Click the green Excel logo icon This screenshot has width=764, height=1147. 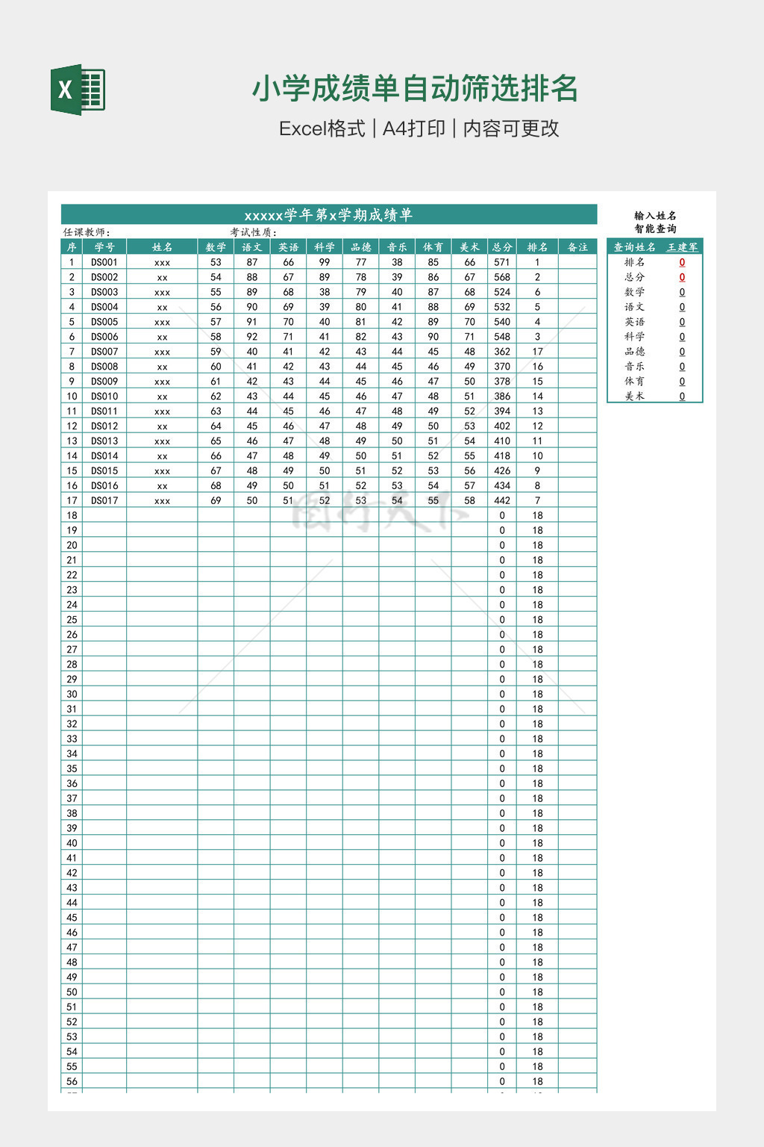point(78,90)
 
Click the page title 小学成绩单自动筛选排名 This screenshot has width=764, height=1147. point(415,89)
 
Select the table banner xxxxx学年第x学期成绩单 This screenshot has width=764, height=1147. point(328,215)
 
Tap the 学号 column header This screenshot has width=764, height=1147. point(104,247)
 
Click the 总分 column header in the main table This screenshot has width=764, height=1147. point(502,247)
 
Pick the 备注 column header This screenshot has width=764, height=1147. point(577,247)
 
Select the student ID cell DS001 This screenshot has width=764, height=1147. point(104,262)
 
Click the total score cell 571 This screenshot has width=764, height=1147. point(502,262)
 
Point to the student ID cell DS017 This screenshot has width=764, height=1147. point(104,500)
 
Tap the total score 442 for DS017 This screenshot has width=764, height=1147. point(502,500)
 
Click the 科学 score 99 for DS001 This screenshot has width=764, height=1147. point(325,262)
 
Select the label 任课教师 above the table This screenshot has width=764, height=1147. point(87,232)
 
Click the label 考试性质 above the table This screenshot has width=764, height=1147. point(253,232)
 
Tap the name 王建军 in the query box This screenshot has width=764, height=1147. point(682,247)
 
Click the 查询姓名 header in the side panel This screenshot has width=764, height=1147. point(634,247)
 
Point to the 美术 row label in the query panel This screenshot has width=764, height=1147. point(634,396)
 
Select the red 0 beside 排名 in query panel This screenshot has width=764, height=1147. point(682,262)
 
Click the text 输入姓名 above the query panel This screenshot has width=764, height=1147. point(655,216)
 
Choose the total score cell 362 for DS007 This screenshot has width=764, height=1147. point(502,352)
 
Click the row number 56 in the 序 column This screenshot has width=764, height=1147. point(72,1081)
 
